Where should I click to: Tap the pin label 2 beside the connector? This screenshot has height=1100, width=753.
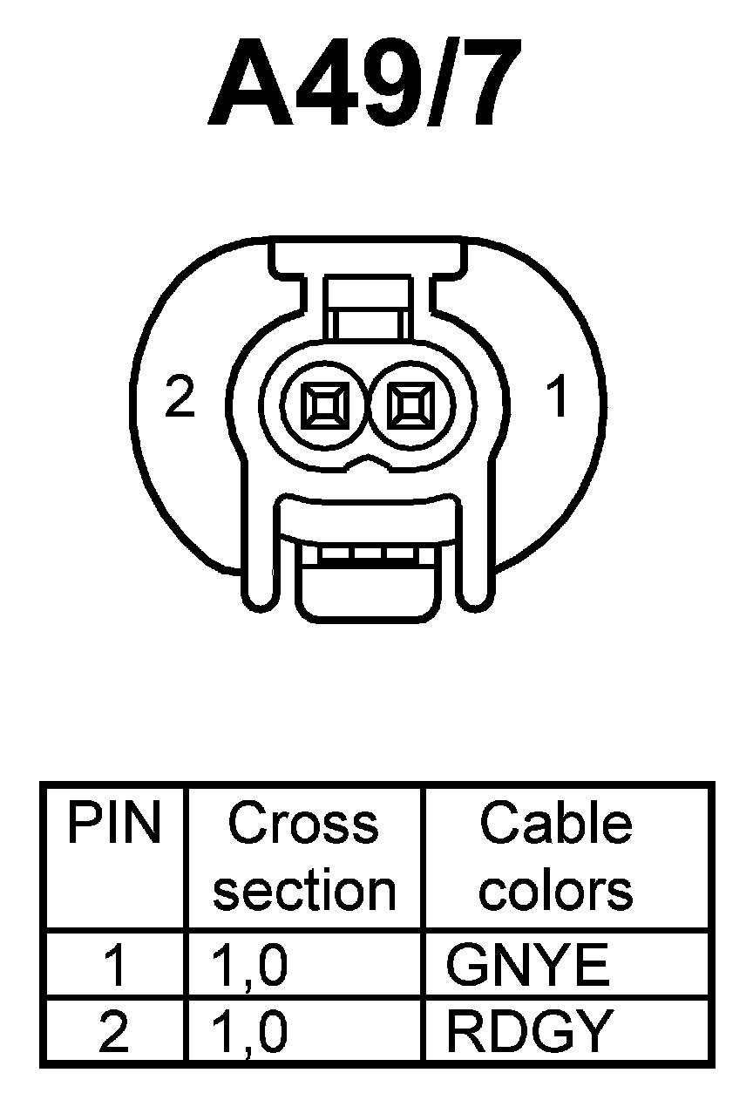(180, 398)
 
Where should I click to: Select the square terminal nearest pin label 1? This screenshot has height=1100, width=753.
(409, 405)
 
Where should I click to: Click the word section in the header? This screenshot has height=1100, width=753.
(304, 890)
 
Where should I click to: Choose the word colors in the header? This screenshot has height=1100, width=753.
(556, 890)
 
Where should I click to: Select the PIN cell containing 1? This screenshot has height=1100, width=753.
(114, 965)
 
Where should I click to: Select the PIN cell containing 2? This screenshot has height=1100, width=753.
(114, 1031)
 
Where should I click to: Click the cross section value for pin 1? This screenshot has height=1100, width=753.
(249, 965)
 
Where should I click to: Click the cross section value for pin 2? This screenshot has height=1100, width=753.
(249, 1031)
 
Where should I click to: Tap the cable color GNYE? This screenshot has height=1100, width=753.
(527, 965)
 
